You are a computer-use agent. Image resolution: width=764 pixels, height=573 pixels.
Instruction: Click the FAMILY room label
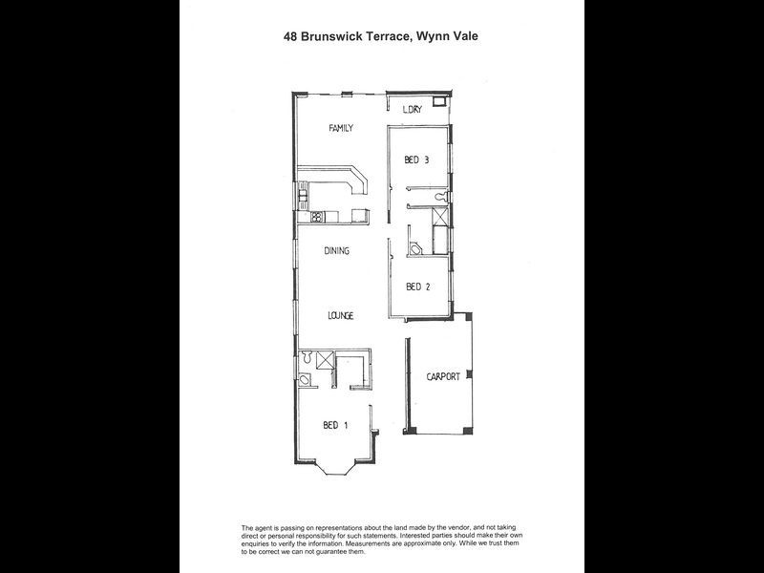pyautogui.click(x=341, y=127)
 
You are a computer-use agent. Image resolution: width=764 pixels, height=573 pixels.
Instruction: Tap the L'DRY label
pyautogui.click(x=413, y=109)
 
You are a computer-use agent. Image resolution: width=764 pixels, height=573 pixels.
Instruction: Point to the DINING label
pyautogui.click(x=336, y=252)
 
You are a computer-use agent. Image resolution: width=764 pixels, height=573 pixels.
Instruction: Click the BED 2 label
pyautogui.click(x=417, y=286)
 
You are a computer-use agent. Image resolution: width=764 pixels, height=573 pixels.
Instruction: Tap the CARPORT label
pyautogui.click(x=442, y=377)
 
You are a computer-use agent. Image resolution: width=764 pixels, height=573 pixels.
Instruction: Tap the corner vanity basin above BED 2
pyautogui.click(x=415, y=247)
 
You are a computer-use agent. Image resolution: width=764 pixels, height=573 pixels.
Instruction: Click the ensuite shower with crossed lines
pyautogui.click(x=325, y=359)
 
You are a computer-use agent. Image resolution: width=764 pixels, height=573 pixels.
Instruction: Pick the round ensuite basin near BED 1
pyautogui.click(x=305, y=380)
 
